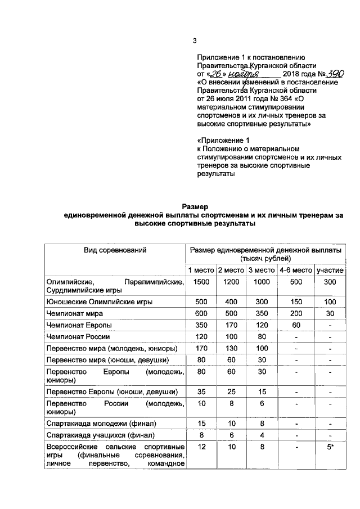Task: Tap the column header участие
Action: pos(330,271)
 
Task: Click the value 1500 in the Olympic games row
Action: pos(201,282)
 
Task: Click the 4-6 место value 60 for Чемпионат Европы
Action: pos(296,326)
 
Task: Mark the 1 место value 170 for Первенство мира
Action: pos(201,349)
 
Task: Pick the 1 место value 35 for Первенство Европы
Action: pos(201,391)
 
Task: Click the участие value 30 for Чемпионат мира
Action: pos(330,313)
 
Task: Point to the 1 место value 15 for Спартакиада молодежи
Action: pos(201,423)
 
